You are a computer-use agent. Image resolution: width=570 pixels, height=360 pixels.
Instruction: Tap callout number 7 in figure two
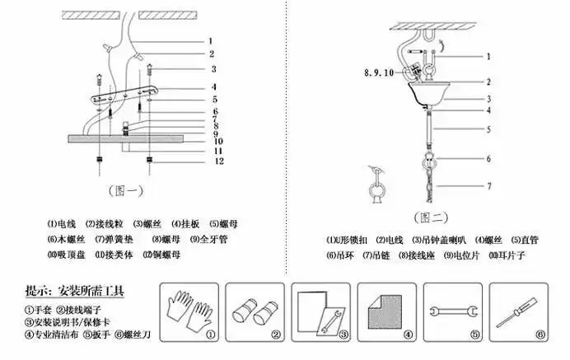tap(488, 187)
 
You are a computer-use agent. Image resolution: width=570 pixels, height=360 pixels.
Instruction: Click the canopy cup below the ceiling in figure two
tap(429, 90)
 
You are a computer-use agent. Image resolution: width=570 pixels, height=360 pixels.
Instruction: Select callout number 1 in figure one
tap(211, 39)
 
